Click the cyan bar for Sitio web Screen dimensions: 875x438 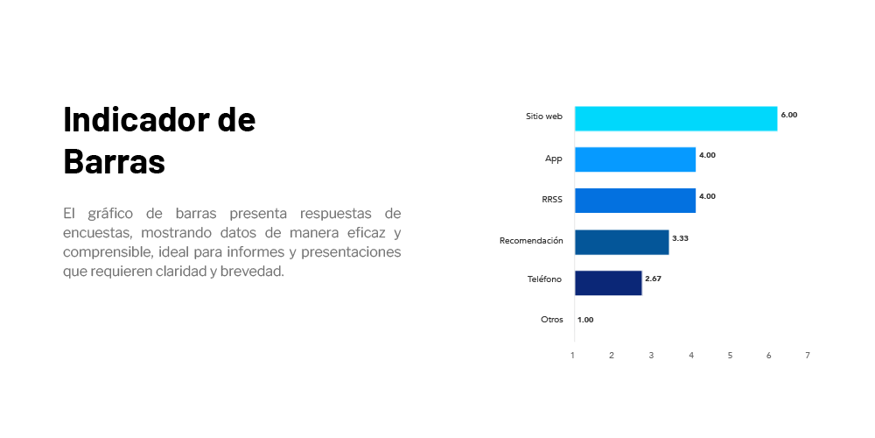pos(675,118)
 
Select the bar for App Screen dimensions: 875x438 pos(635,159)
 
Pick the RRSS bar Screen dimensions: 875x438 pos(635,201)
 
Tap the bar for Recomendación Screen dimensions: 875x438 pos(621,242)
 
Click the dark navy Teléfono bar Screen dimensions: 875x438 pos(608,283)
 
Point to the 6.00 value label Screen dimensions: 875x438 pos(789,115)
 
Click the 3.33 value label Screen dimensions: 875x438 pos(680,238)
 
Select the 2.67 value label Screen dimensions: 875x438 pos(653,279)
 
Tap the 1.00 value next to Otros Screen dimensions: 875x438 pos(585,320)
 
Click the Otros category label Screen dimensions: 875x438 pos(552,320)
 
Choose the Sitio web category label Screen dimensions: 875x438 pos(544,117)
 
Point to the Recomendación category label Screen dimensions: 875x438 pos(531,241)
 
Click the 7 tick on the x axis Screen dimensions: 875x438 pos(808,356)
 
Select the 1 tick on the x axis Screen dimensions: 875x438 pos(572,356)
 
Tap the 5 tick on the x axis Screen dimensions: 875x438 pos(730,356)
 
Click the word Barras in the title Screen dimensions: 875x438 pos(115,161)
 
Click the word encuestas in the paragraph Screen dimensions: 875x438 pos(97,232)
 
